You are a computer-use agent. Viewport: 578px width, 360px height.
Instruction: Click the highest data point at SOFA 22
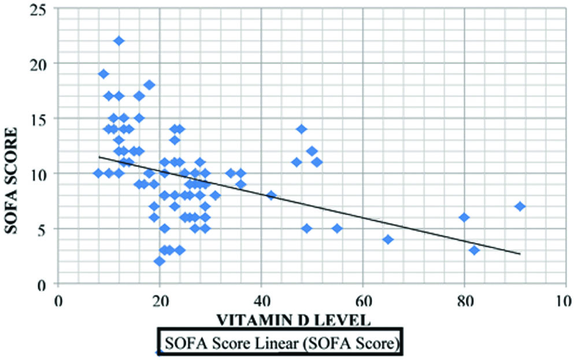pos(118,41)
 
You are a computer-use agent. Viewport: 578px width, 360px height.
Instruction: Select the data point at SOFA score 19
pos(103,74)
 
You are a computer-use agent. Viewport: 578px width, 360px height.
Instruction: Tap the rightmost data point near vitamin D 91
pos(520,206)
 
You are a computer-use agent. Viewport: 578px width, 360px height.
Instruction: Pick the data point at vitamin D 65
pos(388,239)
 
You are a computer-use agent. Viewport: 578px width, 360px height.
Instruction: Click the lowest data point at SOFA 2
pos(160,261)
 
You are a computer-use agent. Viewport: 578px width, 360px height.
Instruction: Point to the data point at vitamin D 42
pos(271,195)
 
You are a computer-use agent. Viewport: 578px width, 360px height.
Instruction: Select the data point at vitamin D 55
pos(337,228)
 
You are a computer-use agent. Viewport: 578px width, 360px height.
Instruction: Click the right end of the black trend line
pos(520,253)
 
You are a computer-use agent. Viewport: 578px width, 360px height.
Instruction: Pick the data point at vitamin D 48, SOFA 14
pos(301,129)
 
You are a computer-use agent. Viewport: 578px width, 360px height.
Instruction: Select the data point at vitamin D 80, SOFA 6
pos(464,217)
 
